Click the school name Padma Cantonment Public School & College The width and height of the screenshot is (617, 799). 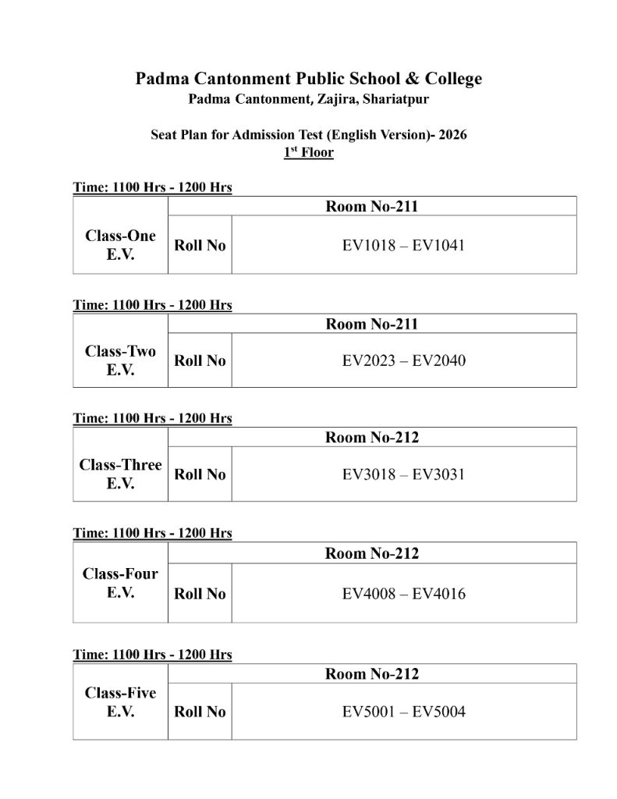click(308, 79)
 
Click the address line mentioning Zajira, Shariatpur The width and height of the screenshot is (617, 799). click(308, 99)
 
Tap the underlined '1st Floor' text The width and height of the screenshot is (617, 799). click(308, 152)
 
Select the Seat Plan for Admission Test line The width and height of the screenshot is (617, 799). click(308, 134)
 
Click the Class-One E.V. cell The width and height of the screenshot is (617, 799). click(120, 245)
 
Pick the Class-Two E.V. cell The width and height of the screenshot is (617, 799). click(120, 360)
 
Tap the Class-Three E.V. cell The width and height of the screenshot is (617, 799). click(120, 474)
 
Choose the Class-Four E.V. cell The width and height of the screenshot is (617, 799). click(120, 583)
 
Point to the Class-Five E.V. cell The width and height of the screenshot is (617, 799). click(120, 702)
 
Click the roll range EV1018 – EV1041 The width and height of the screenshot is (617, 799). click(404, 245)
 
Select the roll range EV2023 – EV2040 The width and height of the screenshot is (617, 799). click(404, 360)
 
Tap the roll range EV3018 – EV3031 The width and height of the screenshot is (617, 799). click(404, 474)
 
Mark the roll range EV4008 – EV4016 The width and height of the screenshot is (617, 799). click(404, 594)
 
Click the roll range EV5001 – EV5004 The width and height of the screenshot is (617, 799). click(404, 712)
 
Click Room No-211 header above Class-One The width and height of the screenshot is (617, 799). click(372, 207)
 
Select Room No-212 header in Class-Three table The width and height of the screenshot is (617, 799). click(372, 437)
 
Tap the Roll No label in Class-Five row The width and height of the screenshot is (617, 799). click(200, 712)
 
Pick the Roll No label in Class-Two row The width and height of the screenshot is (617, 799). click(200, 360)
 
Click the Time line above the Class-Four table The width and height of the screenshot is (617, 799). click(152, 534)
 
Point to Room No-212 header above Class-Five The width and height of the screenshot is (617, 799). click(372, 673)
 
